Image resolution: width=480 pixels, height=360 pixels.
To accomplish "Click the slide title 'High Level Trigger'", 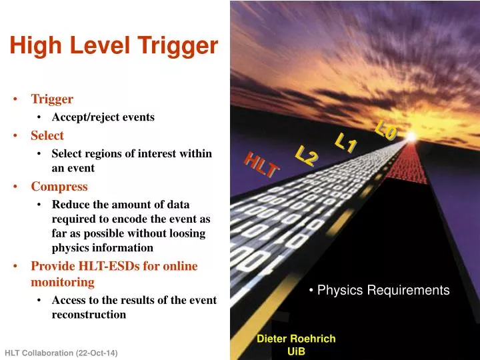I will [114, 45].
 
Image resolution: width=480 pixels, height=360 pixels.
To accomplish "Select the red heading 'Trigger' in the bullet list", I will [52, 99].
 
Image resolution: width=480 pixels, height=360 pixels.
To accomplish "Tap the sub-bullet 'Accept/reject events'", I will [103, 117].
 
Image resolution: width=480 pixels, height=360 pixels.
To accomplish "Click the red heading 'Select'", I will [47, 136].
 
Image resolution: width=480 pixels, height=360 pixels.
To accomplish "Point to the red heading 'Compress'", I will [59, 187].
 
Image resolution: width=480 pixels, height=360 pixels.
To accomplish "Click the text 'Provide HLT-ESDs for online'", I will [115, 267].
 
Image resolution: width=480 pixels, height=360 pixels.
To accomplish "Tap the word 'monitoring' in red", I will [63, 283].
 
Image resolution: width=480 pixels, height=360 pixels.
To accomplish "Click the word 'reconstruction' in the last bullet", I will [89, 315].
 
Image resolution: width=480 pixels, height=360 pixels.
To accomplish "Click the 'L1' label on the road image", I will [346, 142].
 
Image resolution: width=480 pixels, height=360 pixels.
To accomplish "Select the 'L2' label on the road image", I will [307, 155].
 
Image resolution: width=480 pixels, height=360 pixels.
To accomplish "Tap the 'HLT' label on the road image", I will [261, 165].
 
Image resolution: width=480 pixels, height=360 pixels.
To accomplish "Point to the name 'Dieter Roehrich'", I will [296, 339].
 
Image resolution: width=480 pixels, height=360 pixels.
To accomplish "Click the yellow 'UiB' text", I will [296, 352].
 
